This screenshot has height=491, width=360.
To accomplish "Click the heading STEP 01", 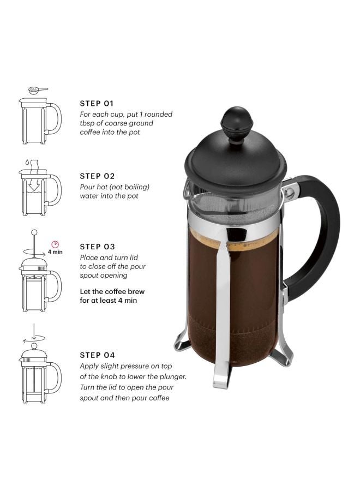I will (x=97, y=103).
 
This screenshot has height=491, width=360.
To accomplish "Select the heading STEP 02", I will (x=97, y=176).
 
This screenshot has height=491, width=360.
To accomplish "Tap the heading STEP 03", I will (x=97, y=247).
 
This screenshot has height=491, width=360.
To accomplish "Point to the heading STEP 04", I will (x=97, y=355).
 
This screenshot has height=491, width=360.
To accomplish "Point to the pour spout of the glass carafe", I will (x=189, y=188).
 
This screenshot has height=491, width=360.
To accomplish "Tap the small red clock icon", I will (x=55, y=244).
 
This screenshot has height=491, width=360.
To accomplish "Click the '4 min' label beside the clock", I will (x=55, y=253).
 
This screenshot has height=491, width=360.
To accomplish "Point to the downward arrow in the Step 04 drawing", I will (x=34, y=331).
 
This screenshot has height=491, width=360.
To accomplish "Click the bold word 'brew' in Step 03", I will (x=137, y=292).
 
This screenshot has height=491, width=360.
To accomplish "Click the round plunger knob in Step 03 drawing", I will (x=34, y=233).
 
